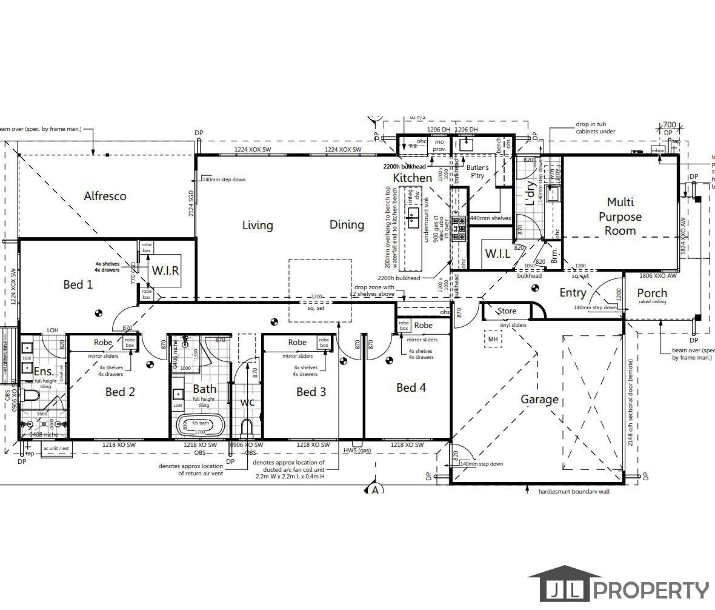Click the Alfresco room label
[105, 196]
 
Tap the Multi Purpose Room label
[620, 216]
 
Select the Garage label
[539, 400]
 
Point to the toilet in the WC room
[247, 427]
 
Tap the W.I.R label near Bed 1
[165, 270]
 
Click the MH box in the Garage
[493, 340]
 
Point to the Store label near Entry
[507, 311]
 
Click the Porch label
[652, 293]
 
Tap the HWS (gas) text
[357, 451]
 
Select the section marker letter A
[375, 489]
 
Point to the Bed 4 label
[411, 387]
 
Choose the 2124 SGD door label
[191, 203]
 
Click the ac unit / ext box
[56, 449]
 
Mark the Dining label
[347, 225]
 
